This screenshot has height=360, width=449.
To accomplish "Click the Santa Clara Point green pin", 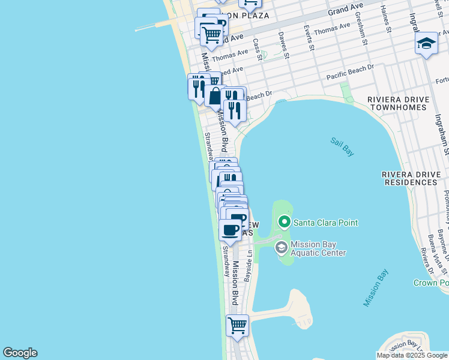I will click(x=285, y=223).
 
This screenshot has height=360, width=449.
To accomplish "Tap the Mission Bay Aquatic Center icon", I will click(x=281, y=247).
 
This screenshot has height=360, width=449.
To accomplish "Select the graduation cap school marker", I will click(x=426, y=44).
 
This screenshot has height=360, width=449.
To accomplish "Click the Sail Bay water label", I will click(x=342, y=146).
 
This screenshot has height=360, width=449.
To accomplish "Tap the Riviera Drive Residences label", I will click(x=414, y=178).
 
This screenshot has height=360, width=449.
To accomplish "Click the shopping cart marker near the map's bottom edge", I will click(x=237, y=326).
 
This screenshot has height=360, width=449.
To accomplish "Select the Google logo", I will click(x=20, y=353).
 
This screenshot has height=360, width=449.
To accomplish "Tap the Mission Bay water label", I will click(x=375, y=289).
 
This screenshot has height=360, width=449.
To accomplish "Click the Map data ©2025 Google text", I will click(x=412, y=355).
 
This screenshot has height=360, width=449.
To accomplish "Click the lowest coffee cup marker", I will click(x=229, y=230).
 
